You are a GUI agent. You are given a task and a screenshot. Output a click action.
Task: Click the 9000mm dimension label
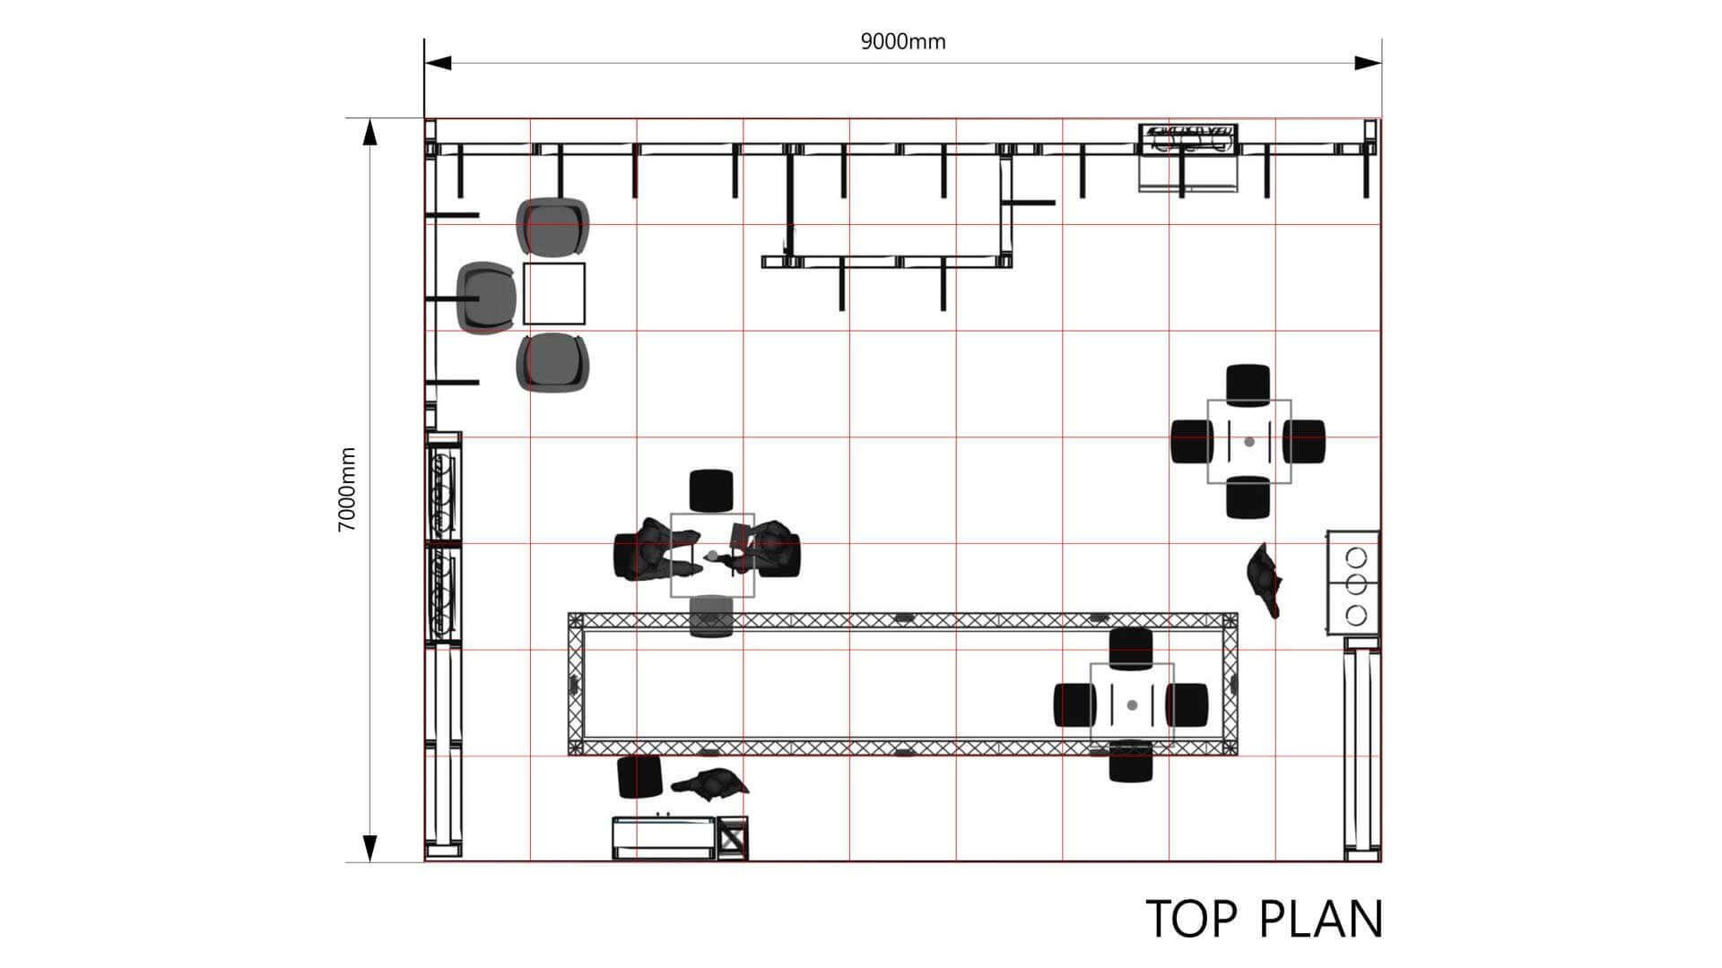click(903, 42)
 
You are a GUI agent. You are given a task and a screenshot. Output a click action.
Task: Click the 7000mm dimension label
click(347, 489)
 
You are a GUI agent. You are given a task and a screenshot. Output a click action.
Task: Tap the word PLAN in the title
click(1321, 919)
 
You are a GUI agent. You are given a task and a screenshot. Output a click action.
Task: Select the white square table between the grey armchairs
click(554, 293)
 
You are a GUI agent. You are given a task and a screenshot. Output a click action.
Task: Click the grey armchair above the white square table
click(552, 226)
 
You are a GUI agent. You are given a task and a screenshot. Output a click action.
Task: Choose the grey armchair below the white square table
click(552, 362)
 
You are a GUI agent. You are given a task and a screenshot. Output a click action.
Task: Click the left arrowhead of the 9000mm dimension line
click(438, 63)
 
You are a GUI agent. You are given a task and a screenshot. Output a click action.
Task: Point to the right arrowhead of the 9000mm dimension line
click(1368, 63)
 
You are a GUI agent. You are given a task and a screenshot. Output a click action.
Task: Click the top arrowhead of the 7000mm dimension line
click(370, 131)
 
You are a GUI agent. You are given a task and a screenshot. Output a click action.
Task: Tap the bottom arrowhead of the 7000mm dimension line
click(370, 848)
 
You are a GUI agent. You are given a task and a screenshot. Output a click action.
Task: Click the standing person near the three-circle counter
click(1265, 579)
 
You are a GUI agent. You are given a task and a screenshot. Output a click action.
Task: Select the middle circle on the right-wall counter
click(1357, 585)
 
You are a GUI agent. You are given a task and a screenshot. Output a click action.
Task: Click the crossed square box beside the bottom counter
click(732, 839)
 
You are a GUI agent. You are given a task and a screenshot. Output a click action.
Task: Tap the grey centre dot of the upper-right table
click(1249, 442)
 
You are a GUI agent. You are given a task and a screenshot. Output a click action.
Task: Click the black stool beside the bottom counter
click(639, 776)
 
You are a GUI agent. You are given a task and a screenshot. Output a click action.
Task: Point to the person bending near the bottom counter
click(710, 784)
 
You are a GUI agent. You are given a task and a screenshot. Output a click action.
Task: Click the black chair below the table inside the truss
click(1131, 761)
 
